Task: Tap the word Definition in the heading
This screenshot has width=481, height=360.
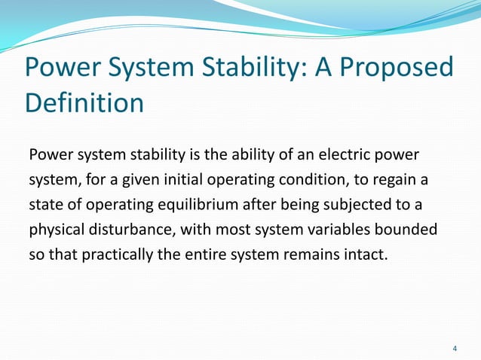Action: tap(84, 103)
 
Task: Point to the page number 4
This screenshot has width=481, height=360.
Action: tap(455, 349)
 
